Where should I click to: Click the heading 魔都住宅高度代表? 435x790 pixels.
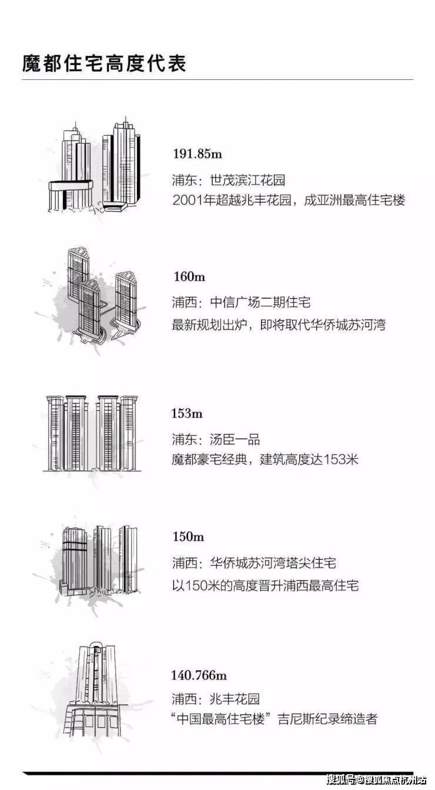(104, 64)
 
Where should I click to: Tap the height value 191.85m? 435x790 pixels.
(198, 154)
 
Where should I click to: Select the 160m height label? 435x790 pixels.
(189, 277)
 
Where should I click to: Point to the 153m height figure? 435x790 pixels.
(187, 413)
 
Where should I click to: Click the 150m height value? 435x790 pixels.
(188, 536)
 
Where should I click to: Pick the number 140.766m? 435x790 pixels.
(199, 675)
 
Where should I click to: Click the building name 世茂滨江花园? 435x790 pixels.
(247, 180)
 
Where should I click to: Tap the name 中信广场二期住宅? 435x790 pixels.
(260, 302)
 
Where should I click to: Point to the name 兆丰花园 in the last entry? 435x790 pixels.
(235, 699)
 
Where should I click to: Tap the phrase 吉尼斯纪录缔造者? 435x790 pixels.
(327, 719)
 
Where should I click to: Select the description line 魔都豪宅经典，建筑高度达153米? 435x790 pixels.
(265, 459)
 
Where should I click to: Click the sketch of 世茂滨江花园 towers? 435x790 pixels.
(94, 166)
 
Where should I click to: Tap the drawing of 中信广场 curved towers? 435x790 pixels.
(102, 295)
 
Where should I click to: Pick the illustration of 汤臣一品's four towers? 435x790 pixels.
(92, 433)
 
